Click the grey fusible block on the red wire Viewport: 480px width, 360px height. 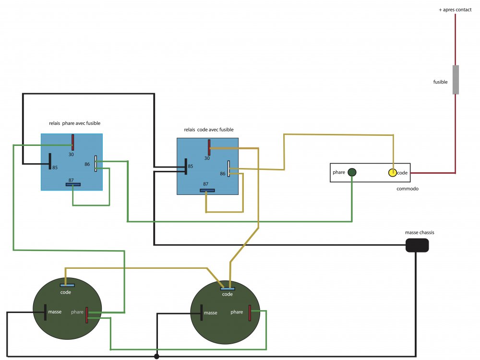456,79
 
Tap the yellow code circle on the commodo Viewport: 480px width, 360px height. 393,172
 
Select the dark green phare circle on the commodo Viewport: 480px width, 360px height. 352,172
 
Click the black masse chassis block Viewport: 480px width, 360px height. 417,245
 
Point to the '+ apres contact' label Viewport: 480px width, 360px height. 455,10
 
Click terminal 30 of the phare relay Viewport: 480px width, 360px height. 73,142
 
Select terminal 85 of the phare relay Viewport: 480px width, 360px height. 50,161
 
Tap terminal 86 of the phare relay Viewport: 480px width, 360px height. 96,163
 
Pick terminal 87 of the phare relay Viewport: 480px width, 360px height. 73,184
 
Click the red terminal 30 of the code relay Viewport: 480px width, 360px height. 209,147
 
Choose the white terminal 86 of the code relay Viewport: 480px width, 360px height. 229,168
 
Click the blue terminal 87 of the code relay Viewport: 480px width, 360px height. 207,190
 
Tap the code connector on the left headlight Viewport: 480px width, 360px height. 67,285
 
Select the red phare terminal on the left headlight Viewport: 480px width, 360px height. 87,315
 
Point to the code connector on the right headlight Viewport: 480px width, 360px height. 227,288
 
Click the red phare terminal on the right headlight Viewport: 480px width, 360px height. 250,312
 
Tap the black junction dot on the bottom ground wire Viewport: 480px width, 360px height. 156,357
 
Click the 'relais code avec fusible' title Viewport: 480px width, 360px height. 209,130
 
